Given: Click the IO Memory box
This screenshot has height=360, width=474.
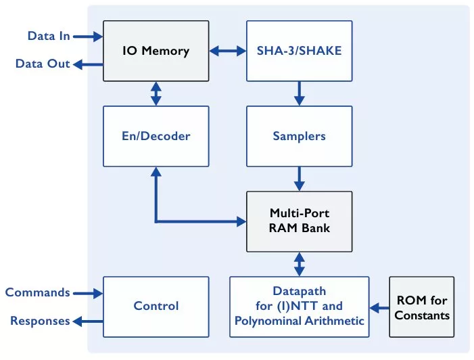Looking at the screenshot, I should [x=156, y=50].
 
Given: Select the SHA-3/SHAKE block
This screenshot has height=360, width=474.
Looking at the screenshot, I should [x=299, y=50].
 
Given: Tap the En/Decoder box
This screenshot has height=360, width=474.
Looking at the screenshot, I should [x=156, y=136].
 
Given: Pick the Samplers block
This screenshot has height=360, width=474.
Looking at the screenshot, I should [x=299, y=136].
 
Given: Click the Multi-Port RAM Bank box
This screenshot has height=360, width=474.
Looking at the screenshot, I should [x=299, y=221].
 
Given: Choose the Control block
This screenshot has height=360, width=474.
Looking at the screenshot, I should [x=156, y=306].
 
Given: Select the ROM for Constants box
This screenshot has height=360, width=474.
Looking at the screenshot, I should [x=421, y=307].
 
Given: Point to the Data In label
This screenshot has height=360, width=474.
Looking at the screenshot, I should [x=49, y=36].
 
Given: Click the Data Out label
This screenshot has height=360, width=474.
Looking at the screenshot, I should [x=43, y=64].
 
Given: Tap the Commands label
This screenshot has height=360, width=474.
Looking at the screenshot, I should [x=37, y=292].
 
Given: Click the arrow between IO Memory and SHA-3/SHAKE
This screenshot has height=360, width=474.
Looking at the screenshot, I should [x=227, y=50].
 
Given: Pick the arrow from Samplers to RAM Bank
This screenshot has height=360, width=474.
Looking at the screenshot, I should [x=299, y=179].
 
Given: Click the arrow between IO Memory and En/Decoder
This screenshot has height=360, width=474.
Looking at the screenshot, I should [x=156, y=93].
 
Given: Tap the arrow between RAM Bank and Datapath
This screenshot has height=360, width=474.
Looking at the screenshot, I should [x=299, y=263].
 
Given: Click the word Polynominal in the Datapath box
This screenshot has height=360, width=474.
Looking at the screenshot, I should [x=265, y=319].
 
